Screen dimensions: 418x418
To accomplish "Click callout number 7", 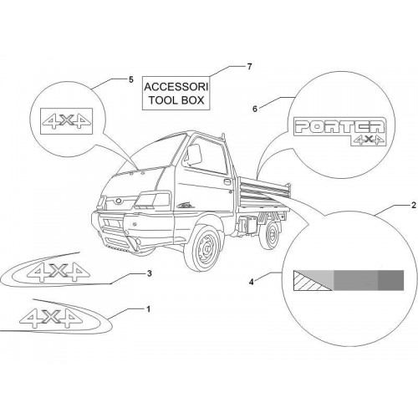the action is coord(249,67).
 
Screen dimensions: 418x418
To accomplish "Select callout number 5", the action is coord(131,79).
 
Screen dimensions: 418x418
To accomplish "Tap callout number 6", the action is coord(255,109).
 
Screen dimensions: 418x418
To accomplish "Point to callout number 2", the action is coord(414,206).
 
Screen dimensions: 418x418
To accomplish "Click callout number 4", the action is coord(252,282).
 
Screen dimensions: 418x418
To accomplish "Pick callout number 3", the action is coord(150,273).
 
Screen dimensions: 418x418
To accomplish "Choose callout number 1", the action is coord(148,309).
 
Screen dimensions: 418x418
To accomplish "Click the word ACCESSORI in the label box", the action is coord(176,87).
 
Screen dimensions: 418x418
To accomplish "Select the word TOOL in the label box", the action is coord(161,100).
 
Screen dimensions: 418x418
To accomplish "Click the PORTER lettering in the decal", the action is coord(339,126).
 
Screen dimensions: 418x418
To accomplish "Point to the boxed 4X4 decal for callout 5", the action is coord(67,121).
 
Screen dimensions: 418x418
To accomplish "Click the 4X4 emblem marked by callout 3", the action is coord(58,272).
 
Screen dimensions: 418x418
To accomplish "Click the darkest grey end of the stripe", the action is coord(390,280).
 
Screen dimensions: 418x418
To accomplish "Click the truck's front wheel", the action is coord(202,248).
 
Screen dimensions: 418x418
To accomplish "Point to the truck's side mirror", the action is coord(194,154).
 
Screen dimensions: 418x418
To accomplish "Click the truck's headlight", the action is coord(153,201).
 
